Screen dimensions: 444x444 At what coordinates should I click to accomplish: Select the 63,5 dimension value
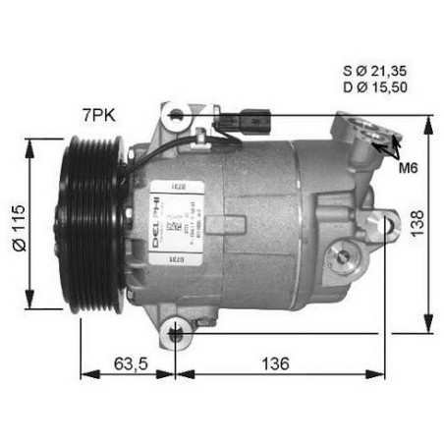point(128,364)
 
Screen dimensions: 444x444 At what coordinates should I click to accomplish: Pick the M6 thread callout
point(410,168)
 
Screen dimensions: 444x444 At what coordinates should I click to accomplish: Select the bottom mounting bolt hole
point(176,331)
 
